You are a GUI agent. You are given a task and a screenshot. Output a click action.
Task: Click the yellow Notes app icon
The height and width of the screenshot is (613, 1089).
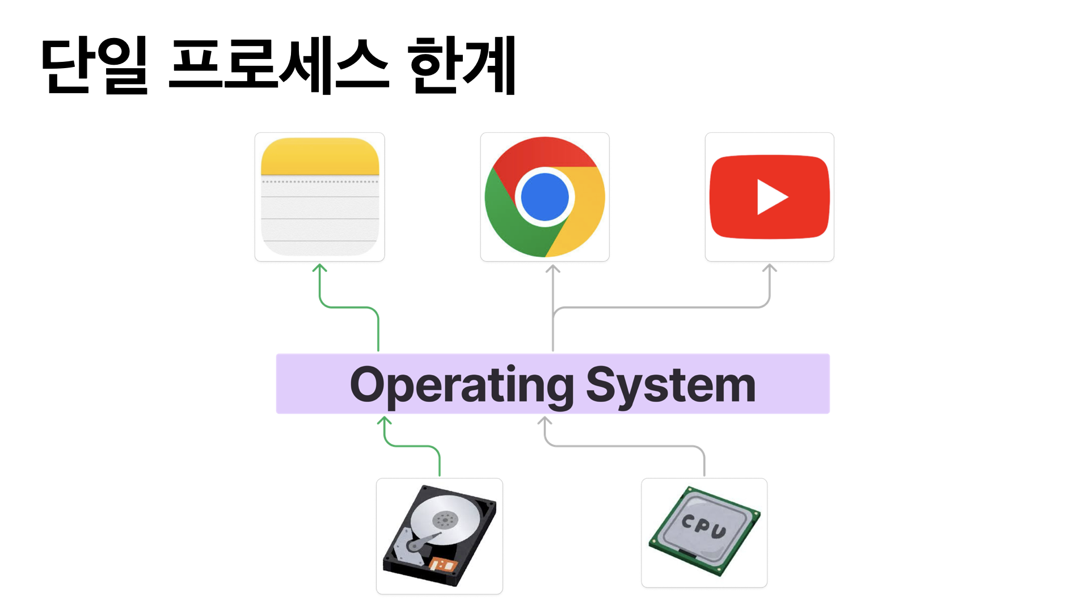[x=319, y=197]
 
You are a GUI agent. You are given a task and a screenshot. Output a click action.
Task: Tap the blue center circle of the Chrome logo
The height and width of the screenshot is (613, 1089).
[x=544, y=196]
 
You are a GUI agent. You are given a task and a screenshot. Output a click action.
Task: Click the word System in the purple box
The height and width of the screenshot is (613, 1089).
[x=670, y=385]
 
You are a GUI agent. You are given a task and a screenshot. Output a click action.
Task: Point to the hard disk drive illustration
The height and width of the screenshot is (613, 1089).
[x=440, y=536]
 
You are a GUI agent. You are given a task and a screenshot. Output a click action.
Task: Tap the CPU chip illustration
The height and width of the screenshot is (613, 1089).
[x=704, y=532]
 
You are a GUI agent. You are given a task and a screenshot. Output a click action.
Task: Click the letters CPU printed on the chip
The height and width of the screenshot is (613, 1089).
[x=703, y=526]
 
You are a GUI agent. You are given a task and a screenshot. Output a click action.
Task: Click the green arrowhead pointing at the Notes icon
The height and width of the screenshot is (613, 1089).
[x=320, y=267]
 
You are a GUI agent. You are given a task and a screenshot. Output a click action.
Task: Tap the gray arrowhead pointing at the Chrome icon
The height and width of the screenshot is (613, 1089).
[x=553, y=268]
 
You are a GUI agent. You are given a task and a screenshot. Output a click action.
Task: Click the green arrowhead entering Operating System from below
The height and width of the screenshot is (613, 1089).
[x=385, y=420]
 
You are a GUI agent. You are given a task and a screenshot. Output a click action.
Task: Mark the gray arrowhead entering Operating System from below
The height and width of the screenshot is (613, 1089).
[x=544, y=420]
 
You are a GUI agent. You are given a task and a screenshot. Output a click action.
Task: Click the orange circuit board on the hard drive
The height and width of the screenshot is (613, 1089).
[x=443, y=565]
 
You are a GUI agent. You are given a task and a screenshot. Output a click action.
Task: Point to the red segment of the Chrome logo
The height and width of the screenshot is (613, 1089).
[x=544, y=152]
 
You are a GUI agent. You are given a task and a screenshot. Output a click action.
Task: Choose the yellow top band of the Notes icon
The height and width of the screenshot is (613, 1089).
[x=319, y=156]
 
